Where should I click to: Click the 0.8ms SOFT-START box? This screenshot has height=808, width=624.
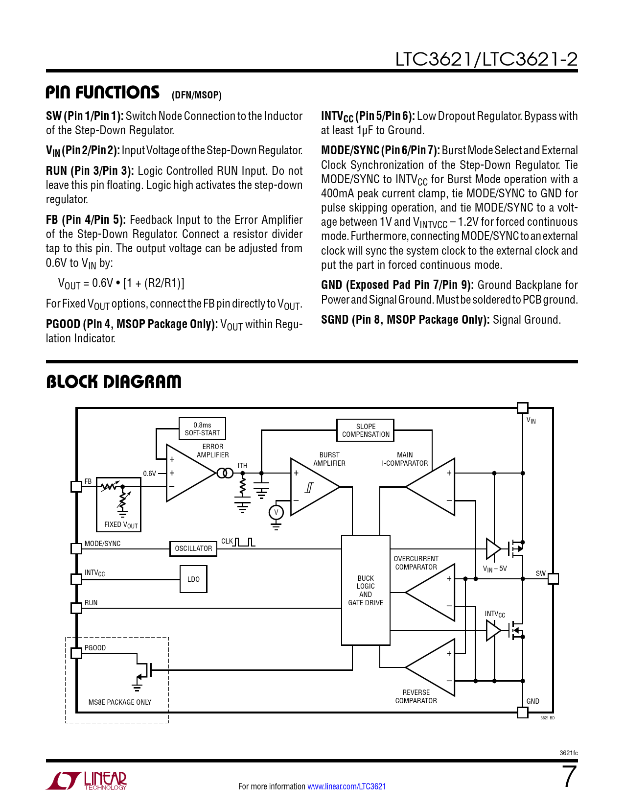tap(202, 429)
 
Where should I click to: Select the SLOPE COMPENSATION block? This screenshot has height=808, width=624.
tap(366, 430)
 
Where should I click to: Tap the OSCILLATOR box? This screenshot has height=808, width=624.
tap(193, 548)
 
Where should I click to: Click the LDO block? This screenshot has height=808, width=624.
tap(193, 579)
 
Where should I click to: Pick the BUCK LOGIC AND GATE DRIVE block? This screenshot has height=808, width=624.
tap(366, 590)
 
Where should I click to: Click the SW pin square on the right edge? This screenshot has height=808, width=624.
tap(553, 579)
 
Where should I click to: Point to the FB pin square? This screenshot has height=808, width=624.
tap(76, 486)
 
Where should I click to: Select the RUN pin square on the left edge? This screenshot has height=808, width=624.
tap(76, 608)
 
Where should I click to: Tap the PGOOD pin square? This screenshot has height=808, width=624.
tap(76, 653)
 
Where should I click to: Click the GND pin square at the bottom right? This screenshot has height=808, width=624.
tap(523, 713)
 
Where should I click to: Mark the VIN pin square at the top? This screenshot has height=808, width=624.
tap(523, 407)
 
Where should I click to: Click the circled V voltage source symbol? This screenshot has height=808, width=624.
tap(276, 512)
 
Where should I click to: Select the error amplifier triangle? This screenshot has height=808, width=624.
tap(188, 473)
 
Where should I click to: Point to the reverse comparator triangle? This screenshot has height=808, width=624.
tap(434, 667)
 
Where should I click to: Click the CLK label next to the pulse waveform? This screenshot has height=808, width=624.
tap(227, 541)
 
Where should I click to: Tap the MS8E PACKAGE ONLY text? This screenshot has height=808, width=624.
tap(120, 702)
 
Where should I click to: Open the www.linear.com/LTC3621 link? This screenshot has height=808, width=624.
tap(347, 786)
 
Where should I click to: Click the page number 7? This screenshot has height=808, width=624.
tap(569, 777)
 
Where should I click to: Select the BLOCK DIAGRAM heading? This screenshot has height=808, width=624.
tap(114, 381)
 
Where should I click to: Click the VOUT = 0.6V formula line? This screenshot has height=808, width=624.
tap(121, 283)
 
